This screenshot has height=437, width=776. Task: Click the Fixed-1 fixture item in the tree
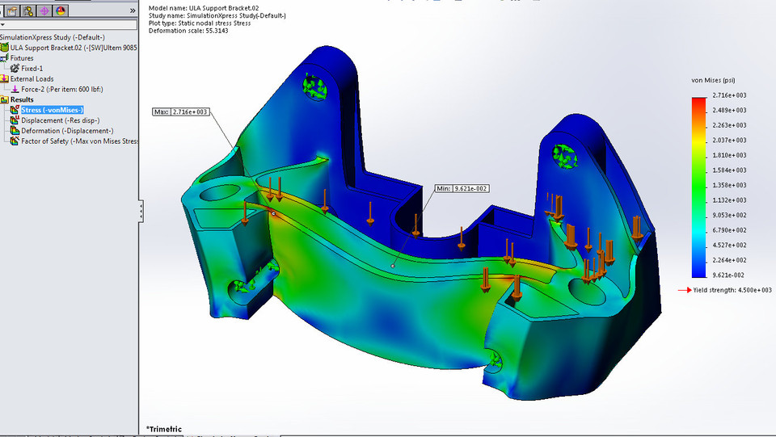[x=37, y=69]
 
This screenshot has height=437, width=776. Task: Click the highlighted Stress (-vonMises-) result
[x=53, y=110]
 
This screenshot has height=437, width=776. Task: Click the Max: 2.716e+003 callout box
[x=181, y=111]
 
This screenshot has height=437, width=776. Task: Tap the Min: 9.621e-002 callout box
[x=461, y=188]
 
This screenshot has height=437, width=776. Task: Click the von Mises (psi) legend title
[x=713, y=81]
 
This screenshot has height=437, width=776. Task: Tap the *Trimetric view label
[x=164, y=429]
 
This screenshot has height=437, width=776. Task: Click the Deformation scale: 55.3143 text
[x=184, y=31]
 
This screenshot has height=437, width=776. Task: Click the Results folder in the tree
[x=21, y=99]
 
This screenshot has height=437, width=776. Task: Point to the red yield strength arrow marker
[x=684, y=290]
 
